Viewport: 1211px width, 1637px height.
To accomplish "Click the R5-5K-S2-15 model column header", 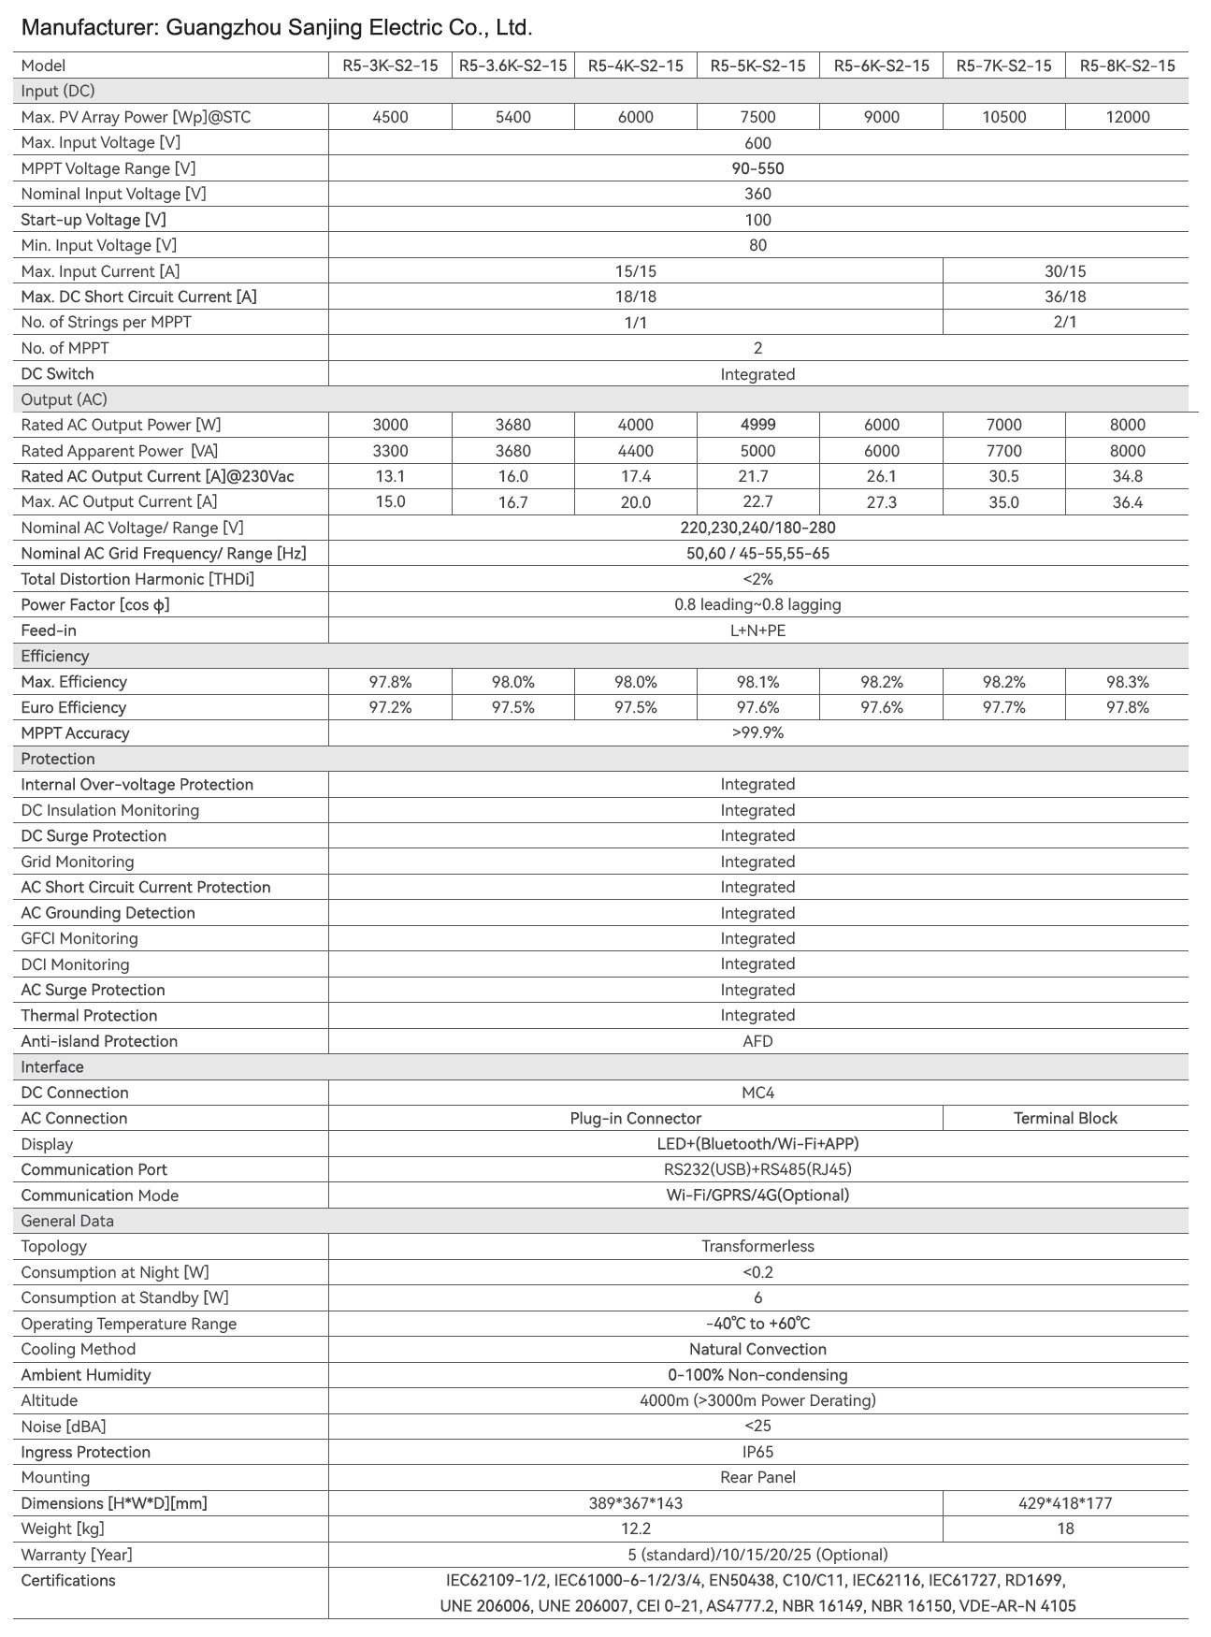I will click(757, 65).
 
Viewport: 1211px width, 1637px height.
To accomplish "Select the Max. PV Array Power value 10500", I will click(1003, 117).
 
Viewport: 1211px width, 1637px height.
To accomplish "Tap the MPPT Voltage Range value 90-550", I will click(757, 168).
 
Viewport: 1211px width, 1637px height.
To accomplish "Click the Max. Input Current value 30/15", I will click(1065, 271).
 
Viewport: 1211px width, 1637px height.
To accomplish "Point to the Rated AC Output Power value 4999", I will click(757, 425).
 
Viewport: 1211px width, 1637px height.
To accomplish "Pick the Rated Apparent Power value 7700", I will click(1003, 451).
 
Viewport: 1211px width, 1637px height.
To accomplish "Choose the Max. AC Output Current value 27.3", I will click(881, 502).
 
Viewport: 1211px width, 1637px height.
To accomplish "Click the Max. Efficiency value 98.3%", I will click(1127, 682).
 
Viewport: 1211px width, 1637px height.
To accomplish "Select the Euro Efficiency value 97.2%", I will click(390, 707).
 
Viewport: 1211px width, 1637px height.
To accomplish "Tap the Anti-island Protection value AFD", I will click(757, 1041).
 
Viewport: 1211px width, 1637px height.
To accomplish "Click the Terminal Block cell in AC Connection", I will click(1065, 1118).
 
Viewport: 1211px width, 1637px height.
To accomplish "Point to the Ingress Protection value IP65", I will click(757, 1452).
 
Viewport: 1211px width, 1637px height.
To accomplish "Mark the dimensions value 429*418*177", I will click(1065, 1503).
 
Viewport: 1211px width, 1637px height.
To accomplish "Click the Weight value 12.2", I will click(636, 1528).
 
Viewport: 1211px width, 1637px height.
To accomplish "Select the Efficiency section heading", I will click(55, 656).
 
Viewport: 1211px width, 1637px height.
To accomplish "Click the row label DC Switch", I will click(57, 374).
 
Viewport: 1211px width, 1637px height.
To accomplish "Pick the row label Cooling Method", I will click(79, 1349).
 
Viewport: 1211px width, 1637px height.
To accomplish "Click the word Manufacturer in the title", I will click(87, 29).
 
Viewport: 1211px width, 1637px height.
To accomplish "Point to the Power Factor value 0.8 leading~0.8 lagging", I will click(757, 604).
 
